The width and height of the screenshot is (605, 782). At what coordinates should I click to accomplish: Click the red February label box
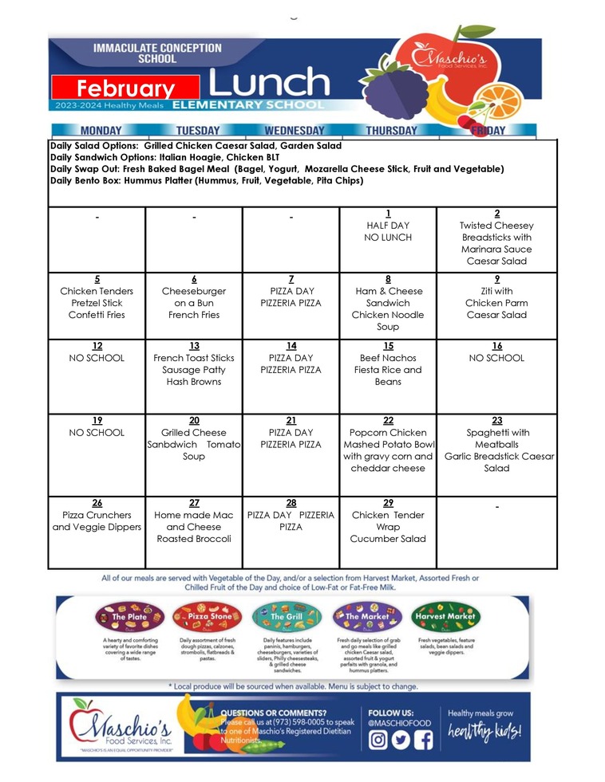pos(126,88)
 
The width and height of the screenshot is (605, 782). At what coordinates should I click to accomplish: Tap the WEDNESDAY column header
pos(295,131)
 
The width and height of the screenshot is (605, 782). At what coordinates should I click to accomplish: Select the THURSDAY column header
pos(391,131)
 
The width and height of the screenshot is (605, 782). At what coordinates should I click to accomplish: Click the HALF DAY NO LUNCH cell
pos(388,231)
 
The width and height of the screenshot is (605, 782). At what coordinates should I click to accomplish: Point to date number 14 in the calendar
pos(291,346)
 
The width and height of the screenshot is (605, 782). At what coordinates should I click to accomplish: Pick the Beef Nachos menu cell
pos(388,370)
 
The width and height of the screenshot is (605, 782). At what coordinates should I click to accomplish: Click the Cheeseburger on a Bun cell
pos(194,303)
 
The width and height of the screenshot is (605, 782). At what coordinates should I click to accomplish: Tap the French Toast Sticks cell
pos(194,370)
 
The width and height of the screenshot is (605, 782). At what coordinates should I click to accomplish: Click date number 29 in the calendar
pos(388,503)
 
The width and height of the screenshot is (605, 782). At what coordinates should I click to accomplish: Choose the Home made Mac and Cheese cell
pos(194,526)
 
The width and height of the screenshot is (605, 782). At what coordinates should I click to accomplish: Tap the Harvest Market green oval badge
pos(445,616)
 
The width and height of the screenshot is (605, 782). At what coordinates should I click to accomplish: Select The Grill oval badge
pos(287,616)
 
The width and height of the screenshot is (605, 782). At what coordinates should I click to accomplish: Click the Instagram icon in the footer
pos(378,739)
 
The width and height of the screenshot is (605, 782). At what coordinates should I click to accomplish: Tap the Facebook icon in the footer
pos(423,739)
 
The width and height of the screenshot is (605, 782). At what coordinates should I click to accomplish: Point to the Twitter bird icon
pos(401,739)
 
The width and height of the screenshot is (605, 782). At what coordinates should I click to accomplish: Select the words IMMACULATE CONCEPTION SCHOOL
pos(157,53)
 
